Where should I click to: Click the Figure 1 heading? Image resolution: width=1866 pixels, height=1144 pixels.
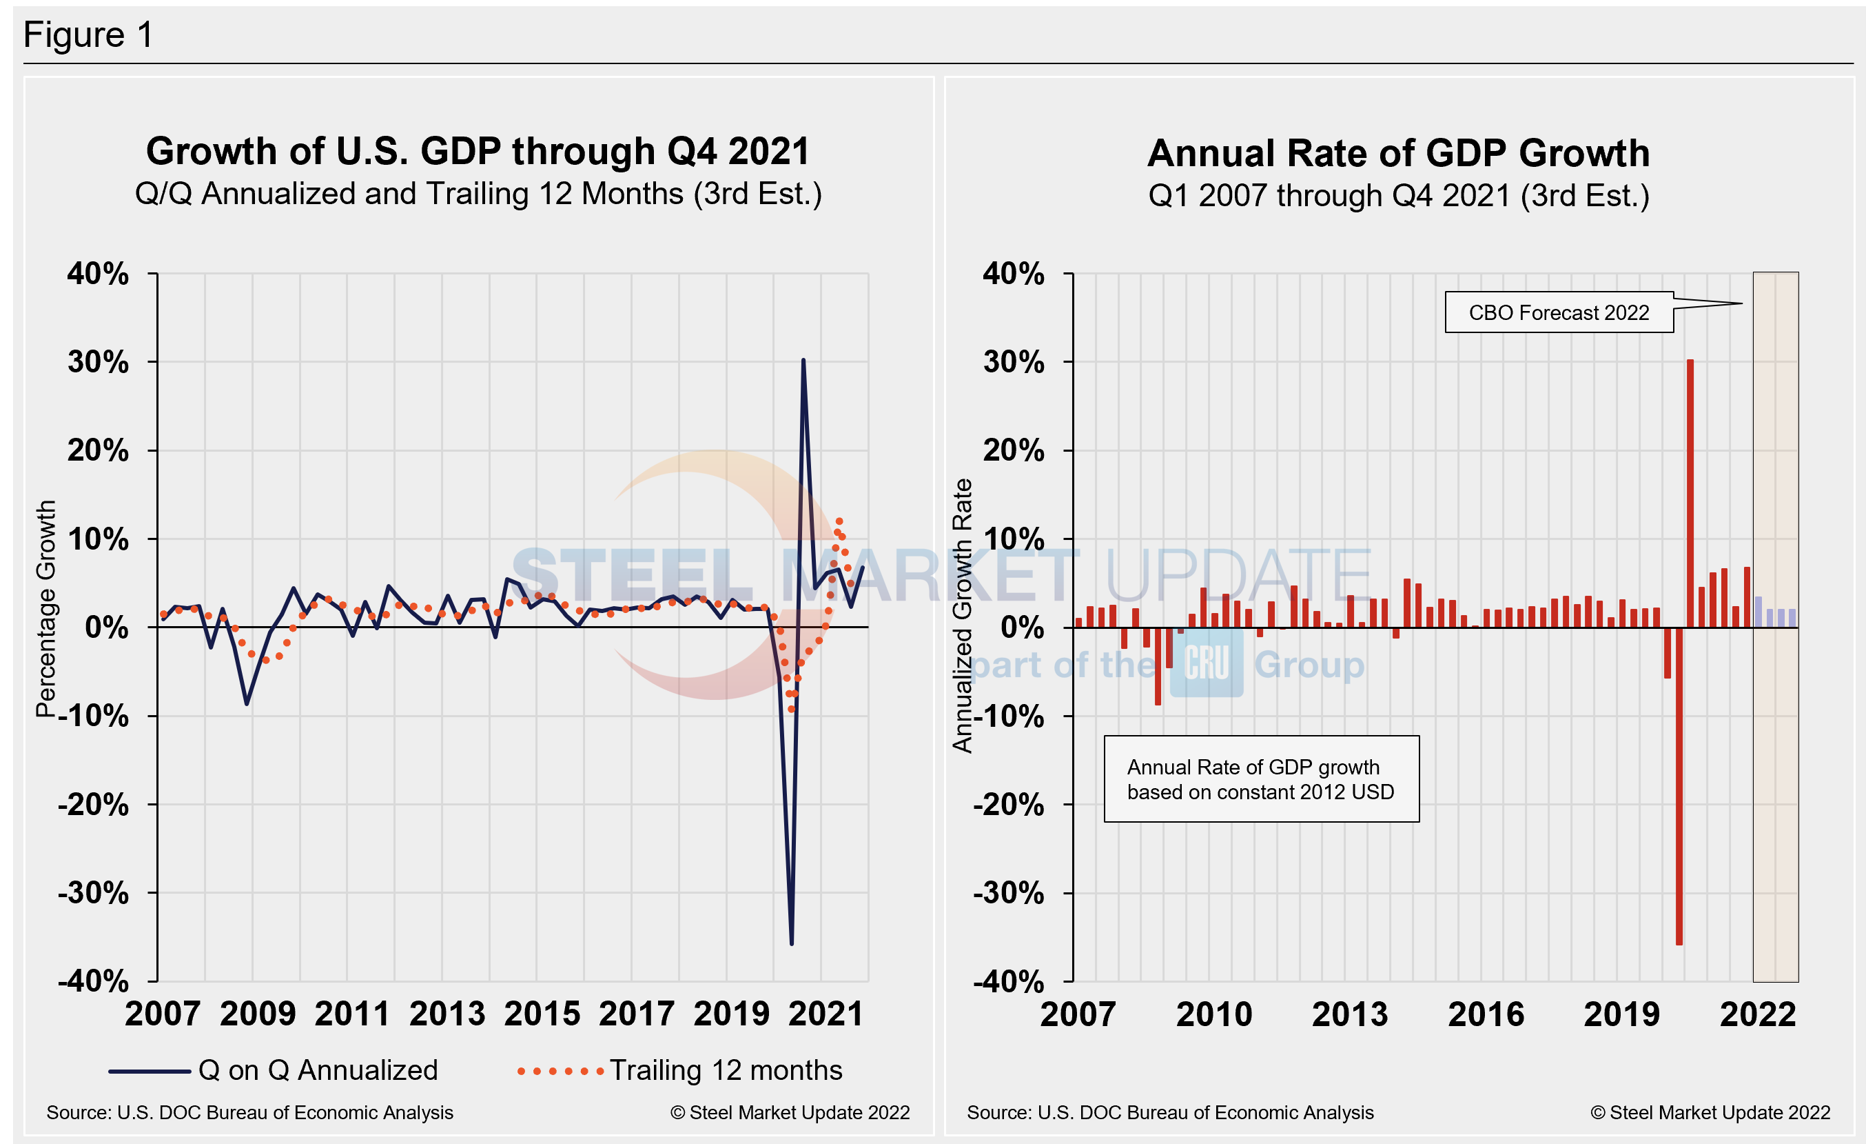pyautogui.click(x=89, y=35)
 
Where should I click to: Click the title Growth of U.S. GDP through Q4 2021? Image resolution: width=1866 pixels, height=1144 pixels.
pyautogui.click(x=478, y=152)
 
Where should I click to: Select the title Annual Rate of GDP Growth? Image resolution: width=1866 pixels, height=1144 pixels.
pyautogui.click(x=1398, y=153)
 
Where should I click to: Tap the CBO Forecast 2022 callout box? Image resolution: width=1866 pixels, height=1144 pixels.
pyautogui.click(x=1558, y=312)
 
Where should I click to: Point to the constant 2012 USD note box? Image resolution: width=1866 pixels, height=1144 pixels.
pyautogui.click(x=1261, y=779)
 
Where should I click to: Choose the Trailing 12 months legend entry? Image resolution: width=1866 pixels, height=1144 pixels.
pyautogui.click(x=679, y=1070)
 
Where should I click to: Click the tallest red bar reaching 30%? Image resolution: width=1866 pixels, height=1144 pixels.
pyautogui.click(x=1690, y=492)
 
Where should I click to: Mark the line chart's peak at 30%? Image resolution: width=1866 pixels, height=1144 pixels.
pyautogui.click(x=803, y=361)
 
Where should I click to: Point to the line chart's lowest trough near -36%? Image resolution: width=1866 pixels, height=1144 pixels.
pyautogui.click(x=791, y=943)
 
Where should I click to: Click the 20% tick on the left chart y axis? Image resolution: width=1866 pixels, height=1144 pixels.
pyautogui.click(x=99, y=451)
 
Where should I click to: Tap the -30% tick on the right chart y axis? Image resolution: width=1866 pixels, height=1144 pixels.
pyautogui.click(x=1008, y=893)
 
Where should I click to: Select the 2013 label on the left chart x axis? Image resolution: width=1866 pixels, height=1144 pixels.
pyautogui.click(x=447, y=1014)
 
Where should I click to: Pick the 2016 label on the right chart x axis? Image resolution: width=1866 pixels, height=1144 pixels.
pyautogui.click(x=1486, y=1014)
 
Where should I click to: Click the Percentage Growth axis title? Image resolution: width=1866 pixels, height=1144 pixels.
pyautogui.click(x=46, y=608)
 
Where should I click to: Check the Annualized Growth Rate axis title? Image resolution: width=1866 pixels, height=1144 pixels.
pyautogui.click(x=962, y=615)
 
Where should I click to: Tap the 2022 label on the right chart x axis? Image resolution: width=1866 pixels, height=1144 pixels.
pyautogui.click(x=1757, y=1014)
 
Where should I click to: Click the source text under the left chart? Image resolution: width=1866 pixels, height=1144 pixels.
pyautogui.click(x=250, y=1112)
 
